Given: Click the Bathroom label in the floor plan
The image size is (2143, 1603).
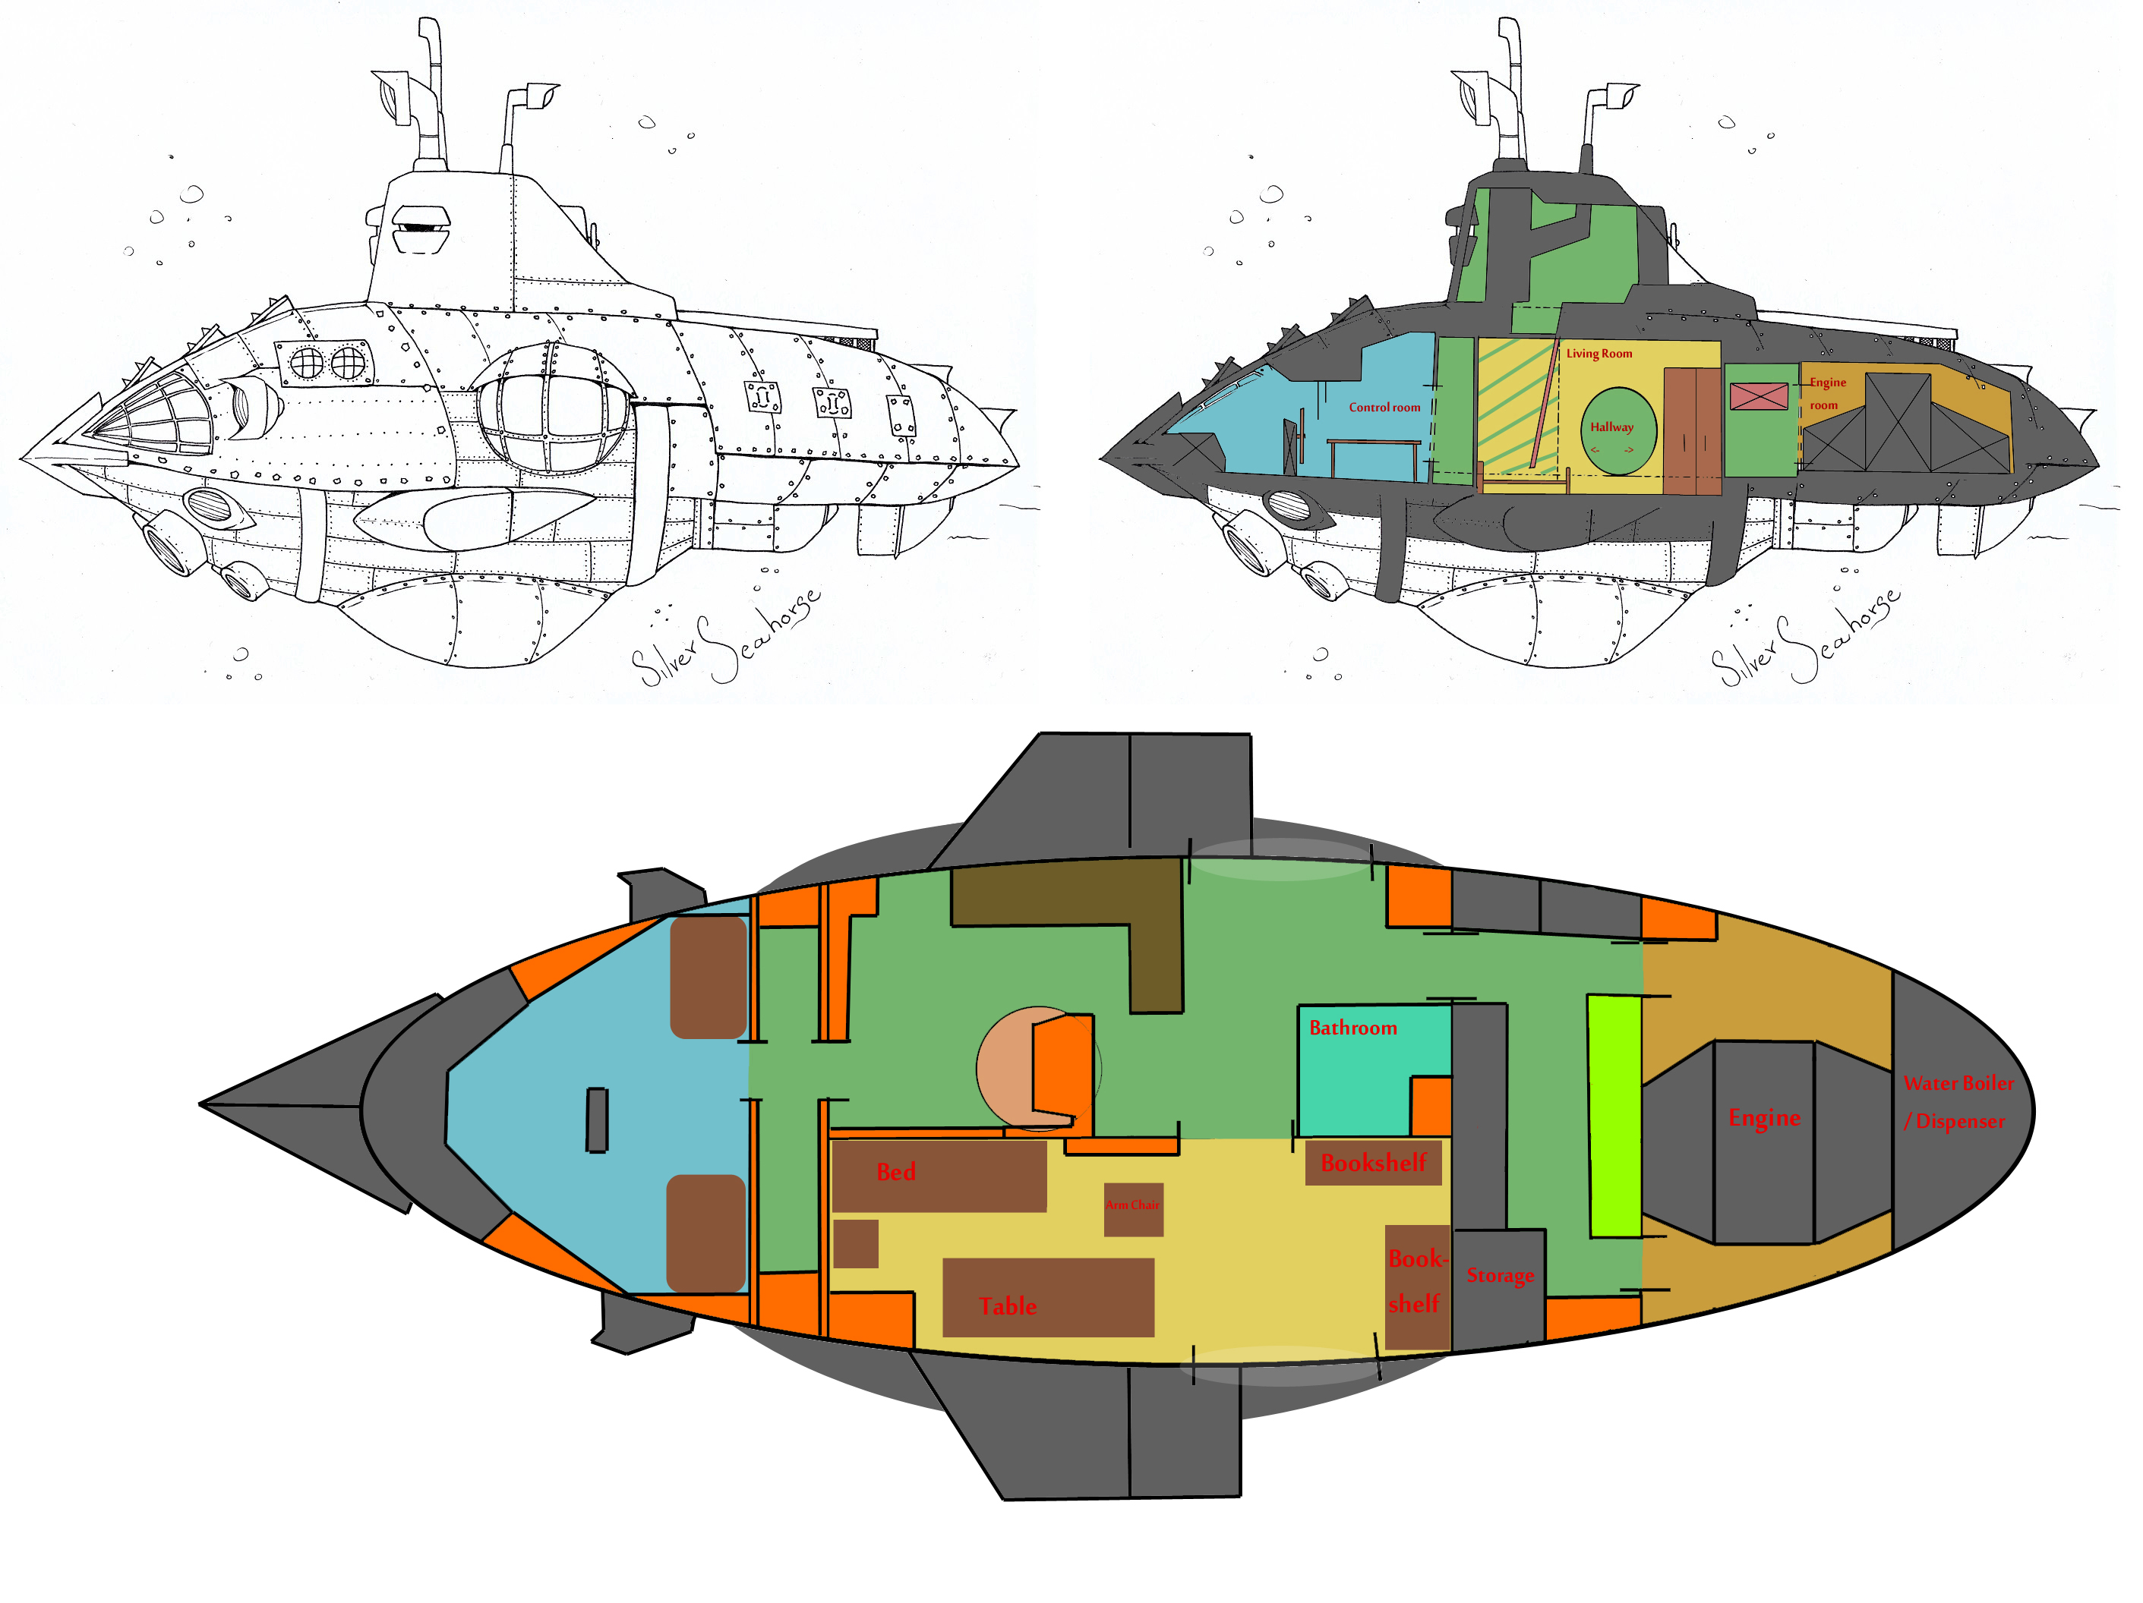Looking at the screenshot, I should (x=1352, y=1028).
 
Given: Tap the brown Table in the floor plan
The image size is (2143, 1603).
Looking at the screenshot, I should (x=1047, y=1298).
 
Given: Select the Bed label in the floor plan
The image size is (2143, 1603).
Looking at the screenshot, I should (x=896, y=1172).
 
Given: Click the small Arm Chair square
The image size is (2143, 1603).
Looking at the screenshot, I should (x=1132, y=1209).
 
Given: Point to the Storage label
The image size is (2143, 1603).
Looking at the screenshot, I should (x=1500, y=1276).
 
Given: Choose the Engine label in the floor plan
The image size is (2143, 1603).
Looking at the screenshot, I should (x=1764, y=1118).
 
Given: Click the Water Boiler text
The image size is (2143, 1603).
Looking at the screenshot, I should (x=1958, y=1084).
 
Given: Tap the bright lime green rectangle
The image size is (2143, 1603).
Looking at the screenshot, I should (x=1614, y=1116).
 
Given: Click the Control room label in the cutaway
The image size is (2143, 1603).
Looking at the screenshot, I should (x=1384, y=408).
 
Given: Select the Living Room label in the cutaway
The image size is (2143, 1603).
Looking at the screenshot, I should (x=1599, y=354).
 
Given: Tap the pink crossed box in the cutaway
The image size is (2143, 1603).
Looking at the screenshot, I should (x=1759, y=396).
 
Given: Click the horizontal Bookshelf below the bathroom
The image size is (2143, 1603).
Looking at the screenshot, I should (x=1373, y=1162).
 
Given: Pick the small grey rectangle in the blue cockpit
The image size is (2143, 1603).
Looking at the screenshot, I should (x=597, y=1120).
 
